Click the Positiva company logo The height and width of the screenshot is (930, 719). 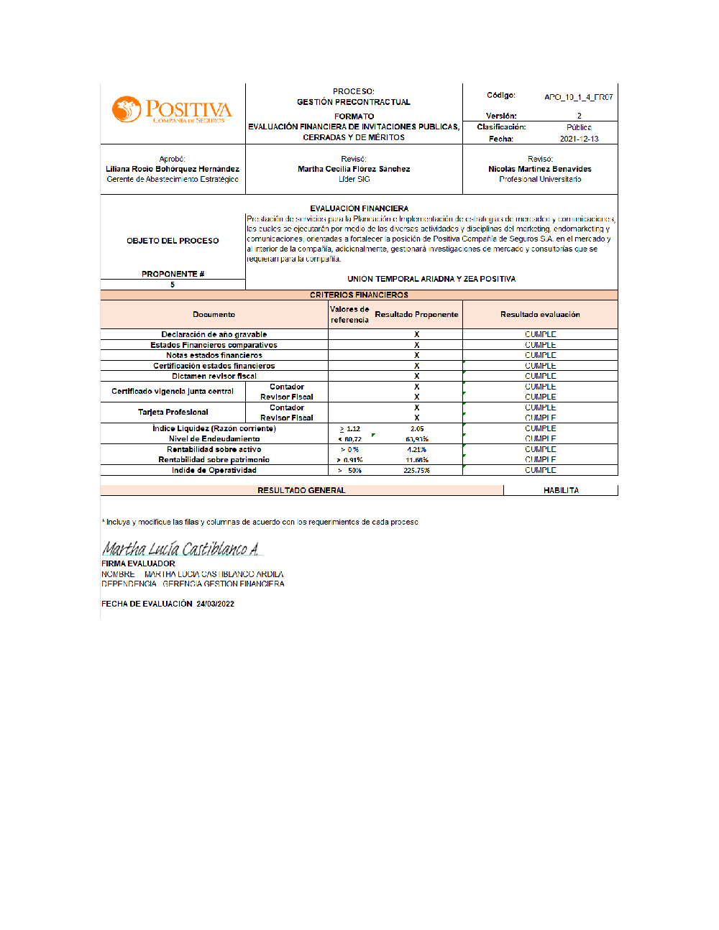172,110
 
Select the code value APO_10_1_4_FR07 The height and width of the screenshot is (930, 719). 578,97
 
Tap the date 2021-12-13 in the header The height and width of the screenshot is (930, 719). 579,139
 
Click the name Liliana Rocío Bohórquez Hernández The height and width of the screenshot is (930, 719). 173,169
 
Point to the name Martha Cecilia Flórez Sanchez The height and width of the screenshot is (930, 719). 354,169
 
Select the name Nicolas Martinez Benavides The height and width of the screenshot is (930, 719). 540,169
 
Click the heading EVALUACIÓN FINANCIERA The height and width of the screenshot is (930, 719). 359,208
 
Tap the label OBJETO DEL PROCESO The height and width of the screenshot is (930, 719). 173,241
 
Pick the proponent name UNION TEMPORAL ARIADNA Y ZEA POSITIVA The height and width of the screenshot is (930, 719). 431,279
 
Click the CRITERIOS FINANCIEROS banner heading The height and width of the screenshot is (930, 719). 359,295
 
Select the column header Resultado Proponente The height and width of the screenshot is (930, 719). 416,314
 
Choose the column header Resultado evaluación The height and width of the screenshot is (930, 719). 540,314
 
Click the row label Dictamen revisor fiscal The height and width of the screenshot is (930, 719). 214,376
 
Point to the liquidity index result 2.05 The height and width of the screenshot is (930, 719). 417,428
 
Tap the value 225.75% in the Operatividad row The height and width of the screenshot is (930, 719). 417,471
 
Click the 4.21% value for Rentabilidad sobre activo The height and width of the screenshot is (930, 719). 417,450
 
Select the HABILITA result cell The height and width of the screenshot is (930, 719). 561,490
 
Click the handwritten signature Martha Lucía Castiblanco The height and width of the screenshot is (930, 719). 180,549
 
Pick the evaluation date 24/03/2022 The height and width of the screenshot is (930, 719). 215,604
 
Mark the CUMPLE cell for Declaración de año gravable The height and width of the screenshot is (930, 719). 540,334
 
